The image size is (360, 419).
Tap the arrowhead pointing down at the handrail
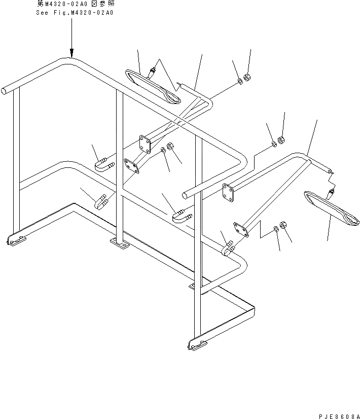coord(71,52)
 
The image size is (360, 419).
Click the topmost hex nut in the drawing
coord(248,78)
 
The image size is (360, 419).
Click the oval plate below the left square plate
coord(131,167)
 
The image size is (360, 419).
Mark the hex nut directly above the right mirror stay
coord(282,139)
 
